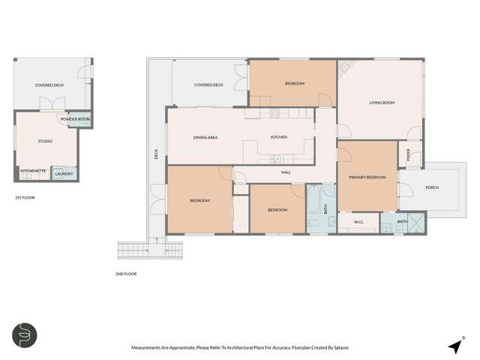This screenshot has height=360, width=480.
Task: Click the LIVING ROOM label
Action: [x=381, y=103]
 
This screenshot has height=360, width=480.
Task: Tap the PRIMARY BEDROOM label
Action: [x=367, y=177]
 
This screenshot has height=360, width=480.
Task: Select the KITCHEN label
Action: [x=279, y=137]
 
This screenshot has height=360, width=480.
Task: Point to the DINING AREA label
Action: [x=205, y=137]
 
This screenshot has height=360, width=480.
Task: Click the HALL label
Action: [x=286, y=172]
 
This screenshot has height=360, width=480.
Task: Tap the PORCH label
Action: [x=432, y=187]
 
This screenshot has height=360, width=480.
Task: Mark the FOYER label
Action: [x=409, y=156]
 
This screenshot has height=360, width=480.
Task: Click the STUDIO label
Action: [x=45, y=141]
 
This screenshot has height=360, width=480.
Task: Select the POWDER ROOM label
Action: [x=75, y=119]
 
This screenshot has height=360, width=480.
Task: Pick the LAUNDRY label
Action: [x=64, y=174]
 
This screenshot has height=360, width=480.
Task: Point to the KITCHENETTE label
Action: [x=34, y=171]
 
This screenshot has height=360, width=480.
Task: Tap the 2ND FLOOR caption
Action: [x=126, y=274]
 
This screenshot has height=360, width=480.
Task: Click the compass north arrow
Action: [x=454, y=346]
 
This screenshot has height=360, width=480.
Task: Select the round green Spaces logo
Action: [x=25, y=334]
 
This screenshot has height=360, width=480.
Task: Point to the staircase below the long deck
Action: [x=134, y=250]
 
